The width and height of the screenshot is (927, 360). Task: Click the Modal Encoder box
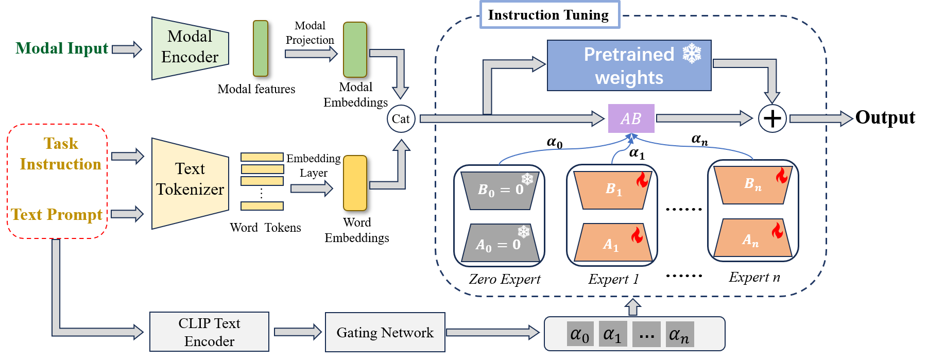tap(190, 48)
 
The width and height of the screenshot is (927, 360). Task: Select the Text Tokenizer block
tap(190, 183)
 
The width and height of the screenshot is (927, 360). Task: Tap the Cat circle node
tap(401, 118)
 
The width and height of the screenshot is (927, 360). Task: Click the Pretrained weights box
tap(629, 65)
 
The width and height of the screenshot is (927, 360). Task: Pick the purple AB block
tap(631, 118)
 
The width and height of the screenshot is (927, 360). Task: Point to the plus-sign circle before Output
tap(772, 118)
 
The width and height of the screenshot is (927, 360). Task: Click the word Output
tap(885, 117)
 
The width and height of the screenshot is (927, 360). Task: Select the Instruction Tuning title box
tap(550, 14)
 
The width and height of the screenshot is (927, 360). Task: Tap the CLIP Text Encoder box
tap(209, 332)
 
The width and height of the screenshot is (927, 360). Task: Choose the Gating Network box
tap(385, 332)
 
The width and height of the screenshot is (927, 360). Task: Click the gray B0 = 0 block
tap(500, 190)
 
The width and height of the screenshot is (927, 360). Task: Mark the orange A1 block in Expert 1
tap(613, 242)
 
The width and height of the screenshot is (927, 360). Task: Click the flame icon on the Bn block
tap(782, 176)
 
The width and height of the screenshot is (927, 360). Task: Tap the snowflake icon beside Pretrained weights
tap(692, 54)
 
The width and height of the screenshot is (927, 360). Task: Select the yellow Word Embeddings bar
tap(355, 183)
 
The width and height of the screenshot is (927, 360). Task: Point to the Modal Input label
tap(62, 48)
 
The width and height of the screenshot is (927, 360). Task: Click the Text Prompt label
tap(57, 214)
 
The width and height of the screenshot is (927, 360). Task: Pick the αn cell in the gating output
tap(680, 335)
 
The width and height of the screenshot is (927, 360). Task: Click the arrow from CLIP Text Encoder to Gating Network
tap(298, 332)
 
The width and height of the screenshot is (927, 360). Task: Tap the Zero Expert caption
tap(504, 279)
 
